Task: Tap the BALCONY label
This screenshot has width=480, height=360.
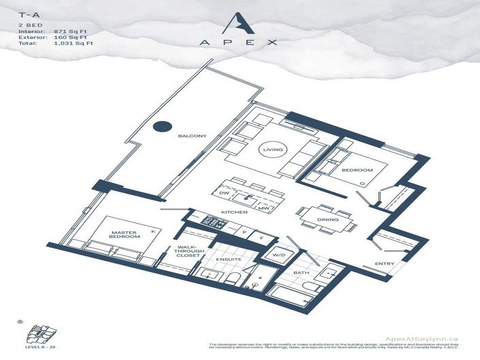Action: (x=192, y=136)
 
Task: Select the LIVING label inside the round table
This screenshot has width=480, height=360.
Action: (x=273, y=150)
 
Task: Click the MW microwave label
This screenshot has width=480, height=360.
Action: (x=263, y=208)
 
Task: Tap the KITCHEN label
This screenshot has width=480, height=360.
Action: (x=234, y=212)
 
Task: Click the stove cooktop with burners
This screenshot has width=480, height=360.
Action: (x=208, y=220)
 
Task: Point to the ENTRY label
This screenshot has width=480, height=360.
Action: (x=384, y=264)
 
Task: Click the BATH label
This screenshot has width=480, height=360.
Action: (x=300, y=272)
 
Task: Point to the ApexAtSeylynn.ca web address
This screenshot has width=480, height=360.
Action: (x=420, y=339)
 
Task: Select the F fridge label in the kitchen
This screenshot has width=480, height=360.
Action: (x=262, y=238)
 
